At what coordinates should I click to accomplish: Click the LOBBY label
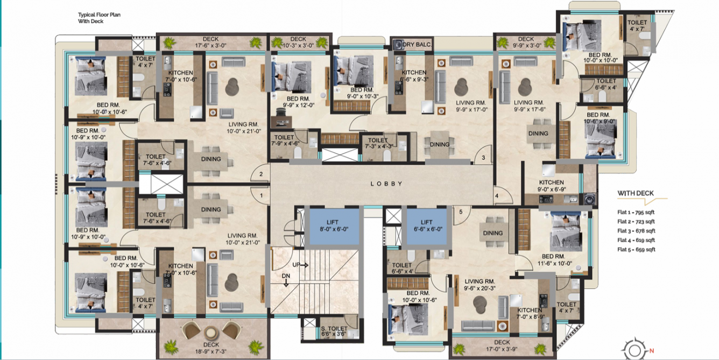pos(386,184)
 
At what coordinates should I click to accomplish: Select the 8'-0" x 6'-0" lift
pos(333,225)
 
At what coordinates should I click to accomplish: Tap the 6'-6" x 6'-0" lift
pos(427,225)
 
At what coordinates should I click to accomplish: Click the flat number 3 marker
pos(484,158)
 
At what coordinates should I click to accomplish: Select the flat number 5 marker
pos(461,212)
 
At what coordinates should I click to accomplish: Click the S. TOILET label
pos(334,331)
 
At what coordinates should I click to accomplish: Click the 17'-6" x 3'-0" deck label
pos(210,43)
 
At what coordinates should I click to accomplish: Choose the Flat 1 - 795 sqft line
pos(636,213)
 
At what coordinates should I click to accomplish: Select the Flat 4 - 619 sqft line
pos(636,240)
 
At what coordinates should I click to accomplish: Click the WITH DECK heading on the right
pos(636,193)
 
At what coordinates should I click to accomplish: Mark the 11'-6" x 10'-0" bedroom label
pos(556,260)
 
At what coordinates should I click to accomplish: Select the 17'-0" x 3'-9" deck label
pos(502,345)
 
